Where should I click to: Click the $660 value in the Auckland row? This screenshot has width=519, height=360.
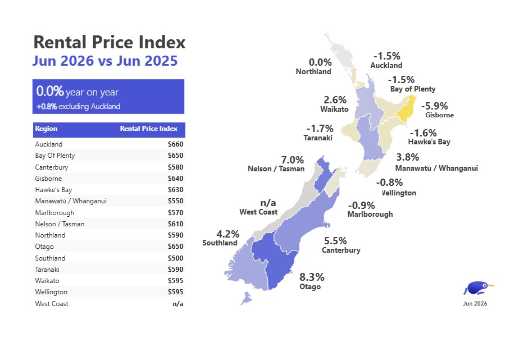pos(175,144)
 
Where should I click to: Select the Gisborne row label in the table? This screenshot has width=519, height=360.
pos(48,179)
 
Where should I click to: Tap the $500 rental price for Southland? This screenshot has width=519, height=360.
pos(175,258)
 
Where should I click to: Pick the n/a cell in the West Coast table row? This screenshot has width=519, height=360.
pos(177,304)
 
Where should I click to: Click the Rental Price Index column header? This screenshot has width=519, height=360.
pos(149,129)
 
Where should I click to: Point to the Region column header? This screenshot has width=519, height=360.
pos(46,129)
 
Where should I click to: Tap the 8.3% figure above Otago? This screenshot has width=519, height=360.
pos(312,277)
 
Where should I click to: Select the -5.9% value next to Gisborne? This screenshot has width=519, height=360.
pos(434,106)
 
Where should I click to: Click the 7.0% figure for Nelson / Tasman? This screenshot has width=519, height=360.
pos(292,160)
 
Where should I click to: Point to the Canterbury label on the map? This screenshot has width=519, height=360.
pos(341,250)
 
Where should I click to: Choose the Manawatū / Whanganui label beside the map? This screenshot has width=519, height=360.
pos(436,168)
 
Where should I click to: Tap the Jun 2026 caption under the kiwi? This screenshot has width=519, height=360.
pos(475,303)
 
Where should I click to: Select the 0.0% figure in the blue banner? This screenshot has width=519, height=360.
pos(50,91)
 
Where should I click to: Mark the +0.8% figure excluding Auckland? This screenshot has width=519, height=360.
pos(47,107)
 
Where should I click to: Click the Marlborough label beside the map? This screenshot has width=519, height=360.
pos(370,215)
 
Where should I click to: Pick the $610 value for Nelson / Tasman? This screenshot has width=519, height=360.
pos(175,224)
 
